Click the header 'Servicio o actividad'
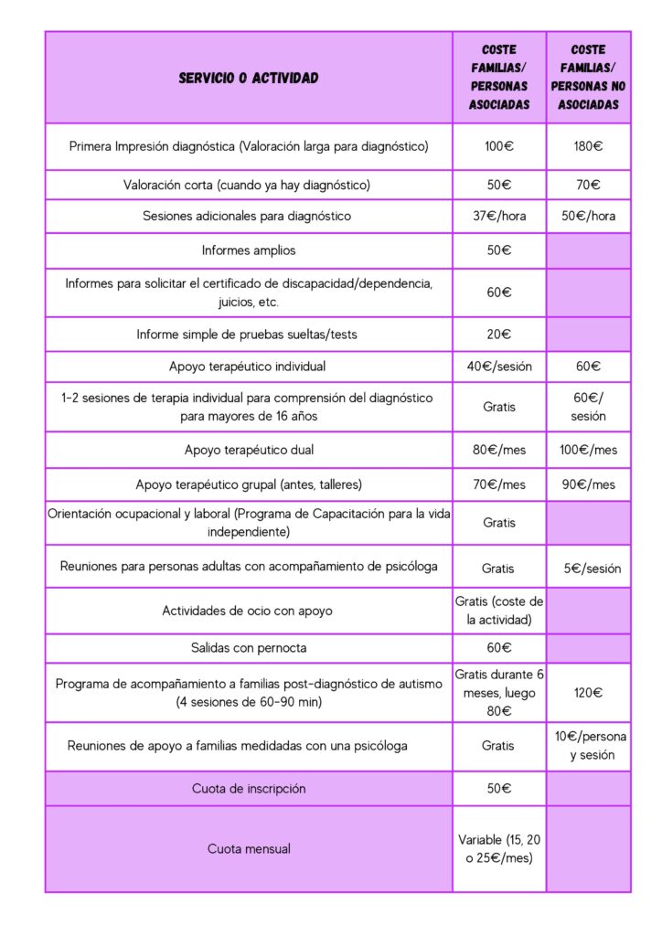pos(249,79)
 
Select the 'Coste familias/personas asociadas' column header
pos(499,78)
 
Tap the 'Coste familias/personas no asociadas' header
pos(588,78)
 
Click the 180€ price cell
pos(588,145)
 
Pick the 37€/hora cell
pos(499,217)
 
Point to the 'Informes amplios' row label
pos(249,250)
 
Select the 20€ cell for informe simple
pos(499,335)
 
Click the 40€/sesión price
pos(499,367)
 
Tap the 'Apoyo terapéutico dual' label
pos(249,450)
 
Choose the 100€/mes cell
pos(588,450)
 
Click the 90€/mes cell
pos(588,484)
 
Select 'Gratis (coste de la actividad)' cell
pos(499,610)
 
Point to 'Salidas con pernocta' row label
pos(249,648)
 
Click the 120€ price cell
pos(588,693)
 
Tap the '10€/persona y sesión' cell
pos(588,746)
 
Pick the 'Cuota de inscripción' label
pos(249,788)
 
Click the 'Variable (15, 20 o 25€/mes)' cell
pos(499,848)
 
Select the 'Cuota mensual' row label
pos(249,848)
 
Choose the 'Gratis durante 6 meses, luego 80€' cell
pos(499,692)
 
